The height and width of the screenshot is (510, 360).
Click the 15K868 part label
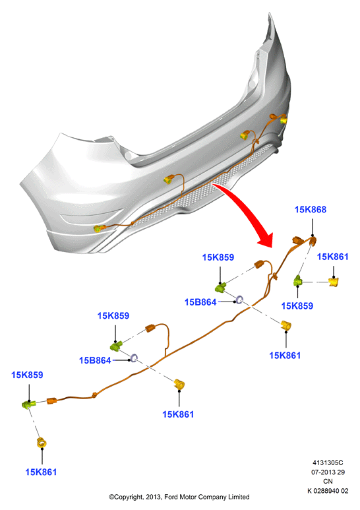pyautogui.click(x=311, y=209)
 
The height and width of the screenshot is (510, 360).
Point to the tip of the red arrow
pyautogui.click(x=270, y=247)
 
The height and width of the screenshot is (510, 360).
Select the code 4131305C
pyautogui.click(x=328, y=462)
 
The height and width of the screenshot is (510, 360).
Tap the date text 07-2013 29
pyautogui.click(x=328, y=472)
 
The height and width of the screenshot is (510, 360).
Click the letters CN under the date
pyautogui.click(x=328, y=482)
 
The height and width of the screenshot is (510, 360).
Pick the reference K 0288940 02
pyautogui.click(x=328, y=491)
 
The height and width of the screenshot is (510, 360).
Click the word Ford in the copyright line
pyautogui.click(x=171, y=497)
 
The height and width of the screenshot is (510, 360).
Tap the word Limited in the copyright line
pyautogui.click(x=238, y=497)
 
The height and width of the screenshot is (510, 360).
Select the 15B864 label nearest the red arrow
pyautogui.click(x=200, y=302)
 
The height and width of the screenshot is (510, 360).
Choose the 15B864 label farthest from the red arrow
pyautogui.click(x=95, y=360)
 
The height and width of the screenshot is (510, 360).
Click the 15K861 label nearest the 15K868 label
pyautogui.click(x=333, y=257)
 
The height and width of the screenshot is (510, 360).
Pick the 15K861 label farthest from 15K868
pyautogui.click(x=41, y=472)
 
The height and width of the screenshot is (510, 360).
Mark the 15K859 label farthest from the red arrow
pyautogui.click(x=27, y=375)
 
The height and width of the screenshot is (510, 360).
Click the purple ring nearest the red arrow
pyautogui.click(x=240, y=300)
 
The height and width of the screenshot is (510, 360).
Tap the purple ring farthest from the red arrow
pyautogui.click(x=134, y=358)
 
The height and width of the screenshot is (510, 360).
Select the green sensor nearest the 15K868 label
pyautogui.click(x=298, y=280)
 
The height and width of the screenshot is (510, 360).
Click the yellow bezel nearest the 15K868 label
pyautogui.click(x=334, y=281)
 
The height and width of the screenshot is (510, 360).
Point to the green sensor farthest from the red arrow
pyautogui.click(x=28, y=404)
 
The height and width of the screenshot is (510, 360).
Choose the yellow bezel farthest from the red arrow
pyautogui.click(x=42, y=443)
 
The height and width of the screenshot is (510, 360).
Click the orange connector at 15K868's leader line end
pyautogui.click(x=313, y=241)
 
